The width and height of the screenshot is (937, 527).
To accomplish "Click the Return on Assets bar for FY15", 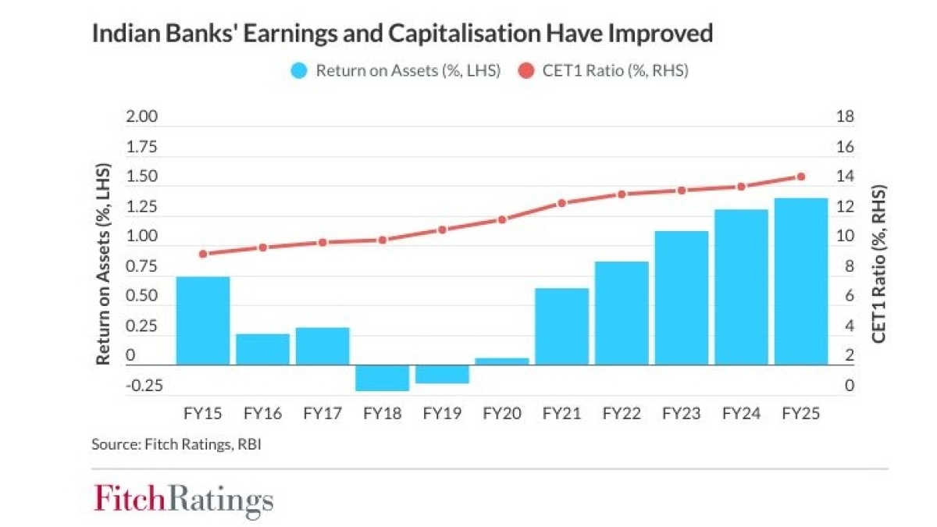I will [x=203, y=320].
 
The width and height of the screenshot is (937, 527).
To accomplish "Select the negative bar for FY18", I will [x=383, y=378].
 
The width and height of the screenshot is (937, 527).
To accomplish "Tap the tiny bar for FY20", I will [x=502, y=361].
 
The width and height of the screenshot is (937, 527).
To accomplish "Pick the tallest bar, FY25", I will [x=800, y=281].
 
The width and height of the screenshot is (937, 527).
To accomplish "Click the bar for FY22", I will [x=622, y=312].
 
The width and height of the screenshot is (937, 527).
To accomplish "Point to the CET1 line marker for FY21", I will [x=561, y=203].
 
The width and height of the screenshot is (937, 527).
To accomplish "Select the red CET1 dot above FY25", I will [x=800, y=176].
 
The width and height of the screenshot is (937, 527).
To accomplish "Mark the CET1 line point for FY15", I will [x=203, y=254].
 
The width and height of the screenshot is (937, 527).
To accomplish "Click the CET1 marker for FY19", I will [x=442, y=230].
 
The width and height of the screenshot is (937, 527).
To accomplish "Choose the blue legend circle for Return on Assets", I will [x=297, y=71].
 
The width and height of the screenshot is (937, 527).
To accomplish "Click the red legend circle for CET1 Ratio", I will [x=526, y=71].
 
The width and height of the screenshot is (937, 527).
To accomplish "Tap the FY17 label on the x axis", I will [x=322, y=413].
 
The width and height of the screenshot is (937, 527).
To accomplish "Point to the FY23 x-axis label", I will [x=681, y=413].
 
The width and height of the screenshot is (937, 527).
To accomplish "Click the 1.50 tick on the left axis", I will [x=142, y=177].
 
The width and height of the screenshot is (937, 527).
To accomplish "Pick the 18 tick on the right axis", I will [x=846, y=117].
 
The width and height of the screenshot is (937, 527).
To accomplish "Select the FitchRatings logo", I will [x=184, y=499].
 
